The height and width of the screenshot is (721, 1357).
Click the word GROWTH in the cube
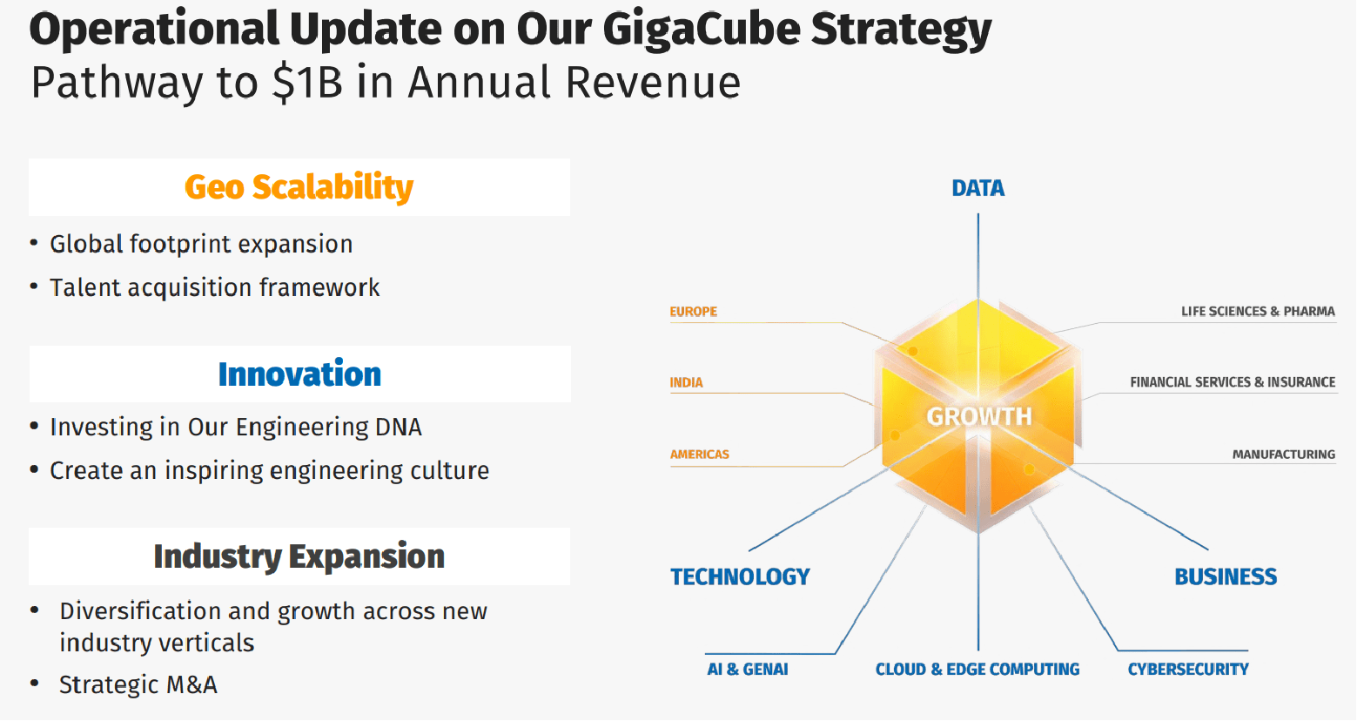(978, 416)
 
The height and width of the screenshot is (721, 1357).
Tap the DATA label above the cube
(977, 188)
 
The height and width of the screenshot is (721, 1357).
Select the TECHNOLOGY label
(740, 576)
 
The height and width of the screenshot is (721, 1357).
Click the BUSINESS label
(1226, 576)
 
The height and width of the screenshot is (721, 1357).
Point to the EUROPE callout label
(694, 312)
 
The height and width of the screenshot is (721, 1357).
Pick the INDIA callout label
(686, 382)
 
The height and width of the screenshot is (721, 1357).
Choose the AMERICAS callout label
(699, 455)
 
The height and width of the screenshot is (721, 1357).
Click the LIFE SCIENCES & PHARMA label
(1257, 312)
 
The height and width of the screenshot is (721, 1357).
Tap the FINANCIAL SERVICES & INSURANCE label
(1232, 382)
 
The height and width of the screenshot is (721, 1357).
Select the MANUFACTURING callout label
(1283, 455)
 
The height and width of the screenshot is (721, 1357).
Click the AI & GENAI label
(747, 669)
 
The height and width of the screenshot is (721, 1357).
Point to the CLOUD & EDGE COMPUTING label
(977, 669)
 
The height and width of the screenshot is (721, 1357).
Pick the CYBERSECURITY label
(1187, 669)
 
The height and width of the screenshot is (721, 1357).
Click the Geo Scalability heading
(299, 187)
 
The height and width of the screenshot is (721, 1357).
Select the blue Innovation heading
(299, 374)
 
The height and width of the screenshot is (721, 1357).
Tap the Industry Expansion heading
(299, 556)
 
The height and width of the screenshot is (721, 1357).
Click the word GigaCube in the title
(701, 29)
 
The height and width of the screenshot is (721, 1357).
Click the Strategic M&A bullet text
(138, 684)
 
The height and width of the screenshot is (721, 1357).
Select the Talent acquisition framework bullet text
(214, 287)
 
